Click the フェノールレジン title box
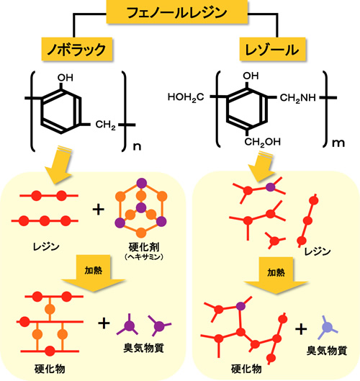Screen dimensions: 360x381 pos(177,12)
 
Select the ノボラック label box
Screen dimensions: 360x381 pos(77,49)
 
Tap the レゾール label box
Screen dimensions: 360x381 pos(272,49)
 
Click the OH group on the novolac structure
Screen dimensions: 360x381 pos(65,78)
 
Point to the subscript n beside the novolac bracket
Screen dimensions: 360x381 pos(138,146)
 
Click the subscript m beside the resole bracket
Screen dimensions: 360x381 pos(338,143)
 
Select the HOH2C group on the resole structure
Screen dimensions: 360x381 pos(186,97)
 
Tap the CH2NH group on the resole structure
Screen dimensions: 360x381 pos(298,98)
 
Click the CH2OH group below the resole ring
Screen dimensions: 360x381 pos(262,142)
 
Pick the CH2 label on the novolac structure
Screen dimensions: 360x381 pos(105,125)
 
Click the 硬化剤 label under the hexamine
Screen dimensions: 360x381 pos(144,247)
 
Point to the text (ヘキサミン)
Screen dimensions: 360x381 pos(143,256)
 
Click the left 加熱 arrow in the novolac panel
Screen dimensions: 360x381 pos(94,273)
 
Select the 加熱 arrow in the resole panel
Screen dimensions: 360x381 pos(276,275)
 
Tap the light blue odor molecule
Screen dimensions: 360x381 pos(327,327)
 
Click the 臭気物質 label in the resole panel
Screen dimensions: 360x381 pos(327,351)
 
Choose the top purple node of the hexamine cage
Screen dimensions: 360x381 pos(142,184)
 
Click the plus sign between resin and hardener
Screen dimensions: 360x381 pos(99,210)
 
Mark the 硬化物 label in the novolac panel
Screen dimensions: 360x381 pos(50,369)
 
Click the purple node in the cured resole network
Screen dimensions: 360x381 pos(240,306)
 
